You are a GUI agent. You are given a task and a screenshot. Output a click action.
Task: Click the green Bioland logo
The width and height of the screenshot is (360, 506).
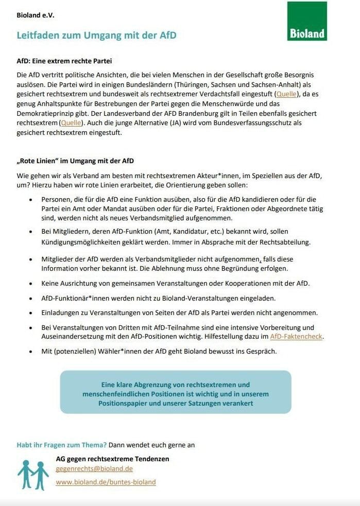(x=307, y=21)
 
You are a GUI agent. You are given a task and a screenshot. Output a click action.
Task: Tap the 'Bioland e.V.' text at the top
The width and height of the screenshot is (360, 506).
(x=36, y=15)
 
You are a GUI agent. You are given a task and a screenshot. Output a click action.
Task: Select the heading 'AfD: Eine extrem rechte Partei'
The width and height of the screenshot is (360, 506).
(x=64, y=61)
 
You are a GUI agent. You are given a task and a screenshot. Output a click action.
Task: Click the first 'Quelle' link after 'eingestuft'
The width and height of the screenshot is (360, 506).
(x=286, y=94)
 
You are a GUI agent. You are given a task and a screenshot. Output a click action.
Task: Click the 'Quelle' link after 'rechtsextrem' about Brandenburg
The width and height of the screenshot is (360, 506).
(x=71, y=123)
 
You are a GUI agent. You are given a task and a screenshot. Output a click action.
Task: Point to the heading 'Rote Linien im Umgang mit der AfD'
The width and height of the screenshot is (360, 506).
(x=75, y=161)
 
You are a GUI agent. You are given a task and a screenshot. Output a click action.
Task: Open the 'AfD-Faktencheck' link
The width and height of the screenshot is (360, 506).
(x=297, y=337)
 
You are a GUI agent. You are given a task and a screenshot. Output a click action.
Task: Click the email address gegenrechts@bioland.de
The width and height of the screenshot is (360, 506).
(x=94, y=469)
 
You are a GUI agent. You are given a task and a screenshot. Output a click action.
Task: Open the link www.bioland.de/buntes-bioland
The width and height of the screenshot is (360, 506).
(x=106, y=482)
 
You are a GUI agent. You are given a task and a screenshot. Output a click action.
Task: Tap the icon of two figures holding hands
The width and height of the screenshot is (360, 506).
(x=33, y=474)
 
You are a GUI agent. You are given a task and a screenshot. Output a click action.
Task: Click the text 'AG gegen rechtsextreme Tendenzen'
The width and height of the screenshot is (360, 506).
(x=112, y=458)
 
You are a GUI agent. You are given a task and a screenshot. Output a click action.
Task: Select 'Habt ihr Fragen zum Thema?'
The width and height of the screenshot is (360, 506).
(x=62, y=445)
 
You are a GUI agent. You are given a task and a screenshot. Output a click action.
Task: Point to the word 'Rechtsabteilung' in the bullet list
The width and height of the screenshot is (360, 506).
(x=287, y=242)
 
